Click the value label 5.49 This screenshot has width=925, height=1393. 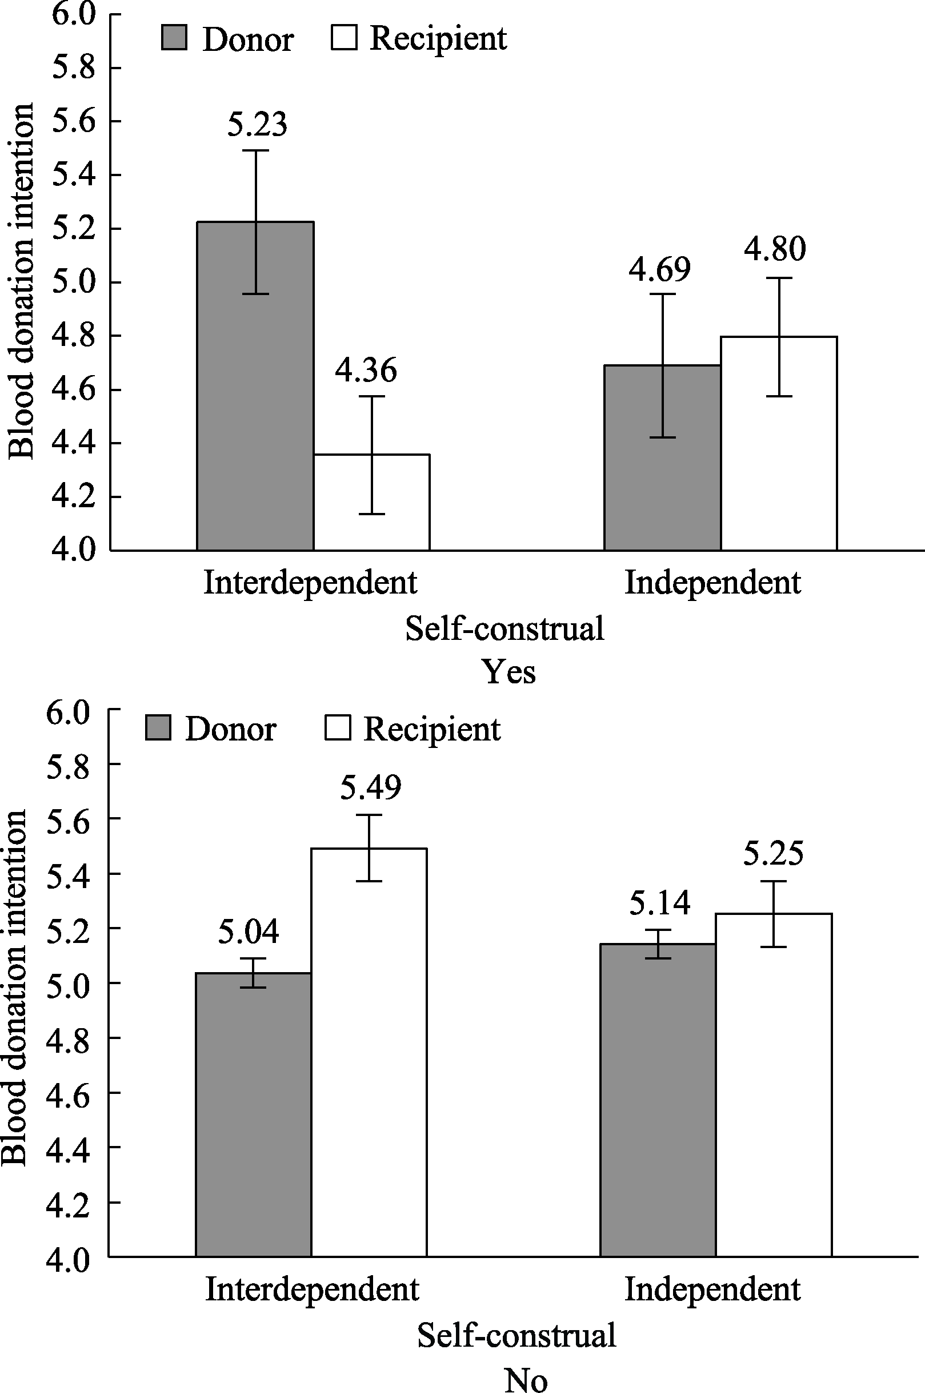point(370,787)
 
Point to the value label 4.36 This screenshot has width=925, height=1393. point(366,370)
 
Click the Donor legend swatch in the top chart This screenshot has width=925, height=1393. point(174,38)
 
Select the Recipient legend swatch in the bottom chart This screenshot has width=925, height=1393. point(338,728)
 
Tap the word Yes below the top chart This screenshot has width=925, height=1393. point(510,672)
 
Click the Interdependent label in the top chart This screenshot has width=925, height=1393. point(310,583)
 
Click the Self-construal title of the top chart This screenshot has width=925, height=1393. point(504,628)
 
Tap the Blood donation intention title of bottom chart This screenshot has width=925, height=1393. point(14,988)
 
